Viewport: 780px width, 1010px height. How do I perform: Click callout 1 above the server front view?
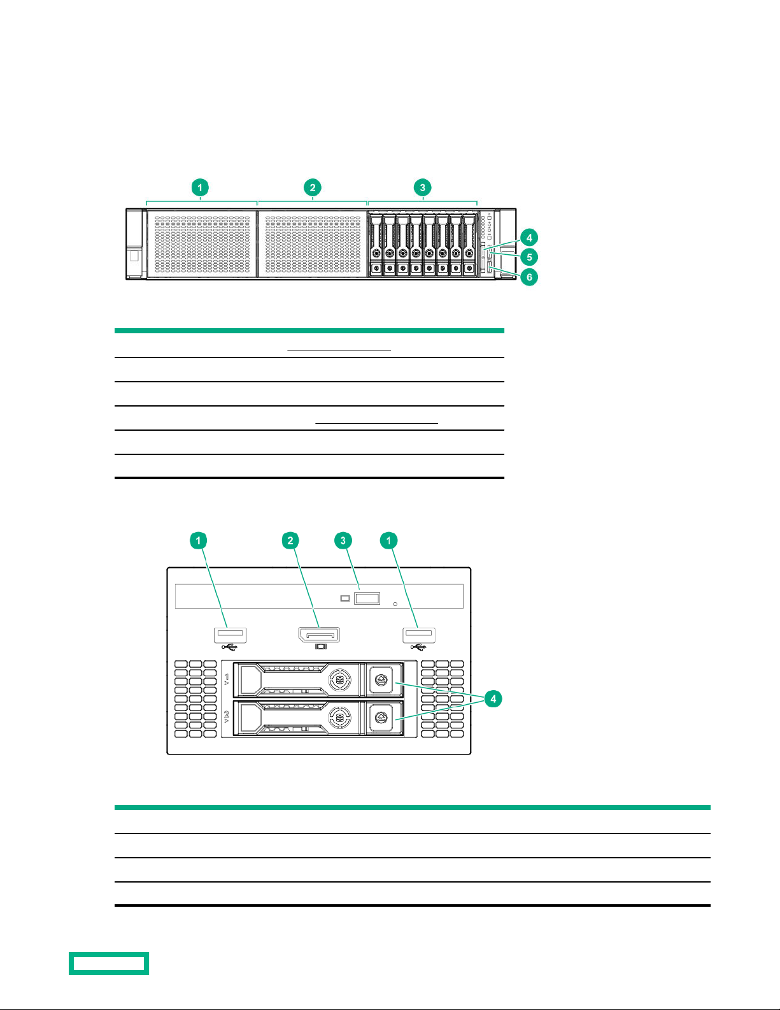tap(200, 187)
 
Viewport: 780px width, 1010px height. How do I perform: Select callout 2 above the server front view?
tap(313, 187)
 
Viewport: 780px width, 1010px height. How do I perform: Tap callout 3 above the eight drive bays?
tap(423, 187)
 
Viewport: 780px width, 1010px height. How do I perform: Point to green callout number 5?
tap(529, 257)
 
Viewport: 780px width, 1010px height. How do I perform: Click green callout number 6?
tap(529, 277)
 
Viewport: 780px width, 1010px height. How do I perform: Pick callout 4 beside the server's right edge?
tap(529, 238)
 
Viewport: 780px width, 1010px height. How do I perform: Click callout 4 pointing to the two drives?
tap(493, 698)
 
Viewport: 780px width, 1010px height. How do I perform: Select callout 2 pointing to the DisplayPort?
tap(290, 540)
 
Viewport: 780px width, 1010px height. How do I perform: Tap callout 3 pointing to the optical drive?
tap(343, 540)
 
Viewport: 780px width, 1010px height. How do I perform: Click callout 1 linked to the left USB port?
tap(198, 540)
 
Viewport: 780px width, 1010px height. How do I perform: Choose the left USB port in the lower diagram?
tap(230, 635)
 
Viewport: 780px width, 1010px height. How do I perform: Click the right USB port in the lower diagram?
tap(419, 635)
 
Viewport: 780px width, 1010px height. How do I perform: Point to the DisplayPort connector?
tap(319, 635)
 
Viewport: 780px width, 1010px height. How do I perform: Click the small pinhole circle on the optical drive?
tap(395, 603)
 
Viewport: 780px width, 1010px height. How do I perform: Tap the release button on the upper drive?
tap(381, 680)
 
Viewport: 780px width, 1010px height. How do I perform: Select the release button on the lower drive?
tap(381, 718)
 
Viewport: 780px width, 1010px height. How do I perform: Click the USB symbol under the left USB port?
tap(230, 647)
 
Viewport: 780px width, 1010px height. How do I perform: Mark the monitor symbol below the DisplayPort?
tap(321, 647)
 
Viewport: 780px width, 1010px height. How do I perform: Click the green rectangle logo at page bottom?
tap(109, 963)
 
